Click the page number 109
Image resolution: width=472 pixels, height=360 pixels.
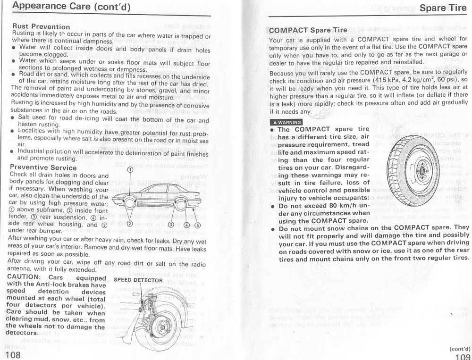click(461, 355)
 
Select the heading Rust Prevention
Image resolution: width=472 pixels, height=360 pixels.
click(41, 26)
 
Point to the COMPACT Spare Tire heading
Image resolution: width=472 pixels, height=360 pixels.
click(307, 31)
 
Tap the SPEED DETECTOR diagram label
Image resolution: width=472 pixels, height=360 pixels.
click(138, 280)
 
